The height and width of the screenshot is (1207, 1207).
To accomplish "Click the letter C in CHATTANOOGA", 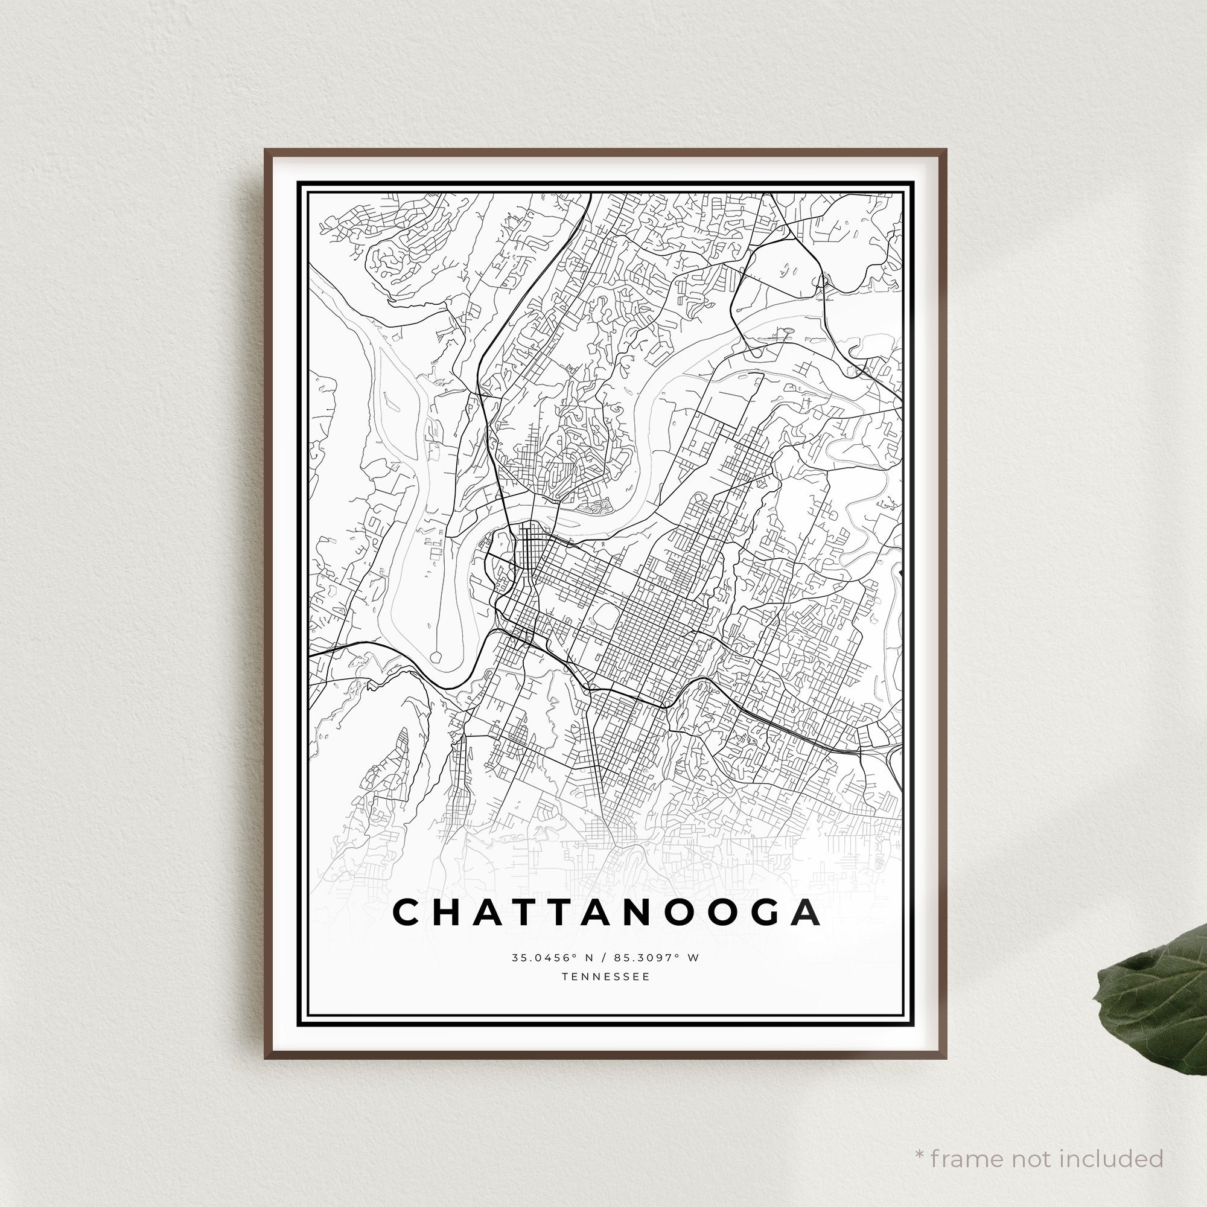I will point(407,912).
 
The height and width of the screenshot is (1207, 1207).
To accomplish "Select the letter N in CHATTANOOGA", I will point(629,912).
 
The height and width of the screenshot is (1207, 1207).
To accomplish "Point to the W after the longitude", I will point(693,958).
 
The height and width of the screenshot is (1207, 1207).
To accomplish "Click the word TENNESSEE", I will point(605,976).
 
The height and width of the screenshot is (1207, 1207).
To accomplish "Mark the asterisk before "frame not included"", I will point(919,1136).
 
